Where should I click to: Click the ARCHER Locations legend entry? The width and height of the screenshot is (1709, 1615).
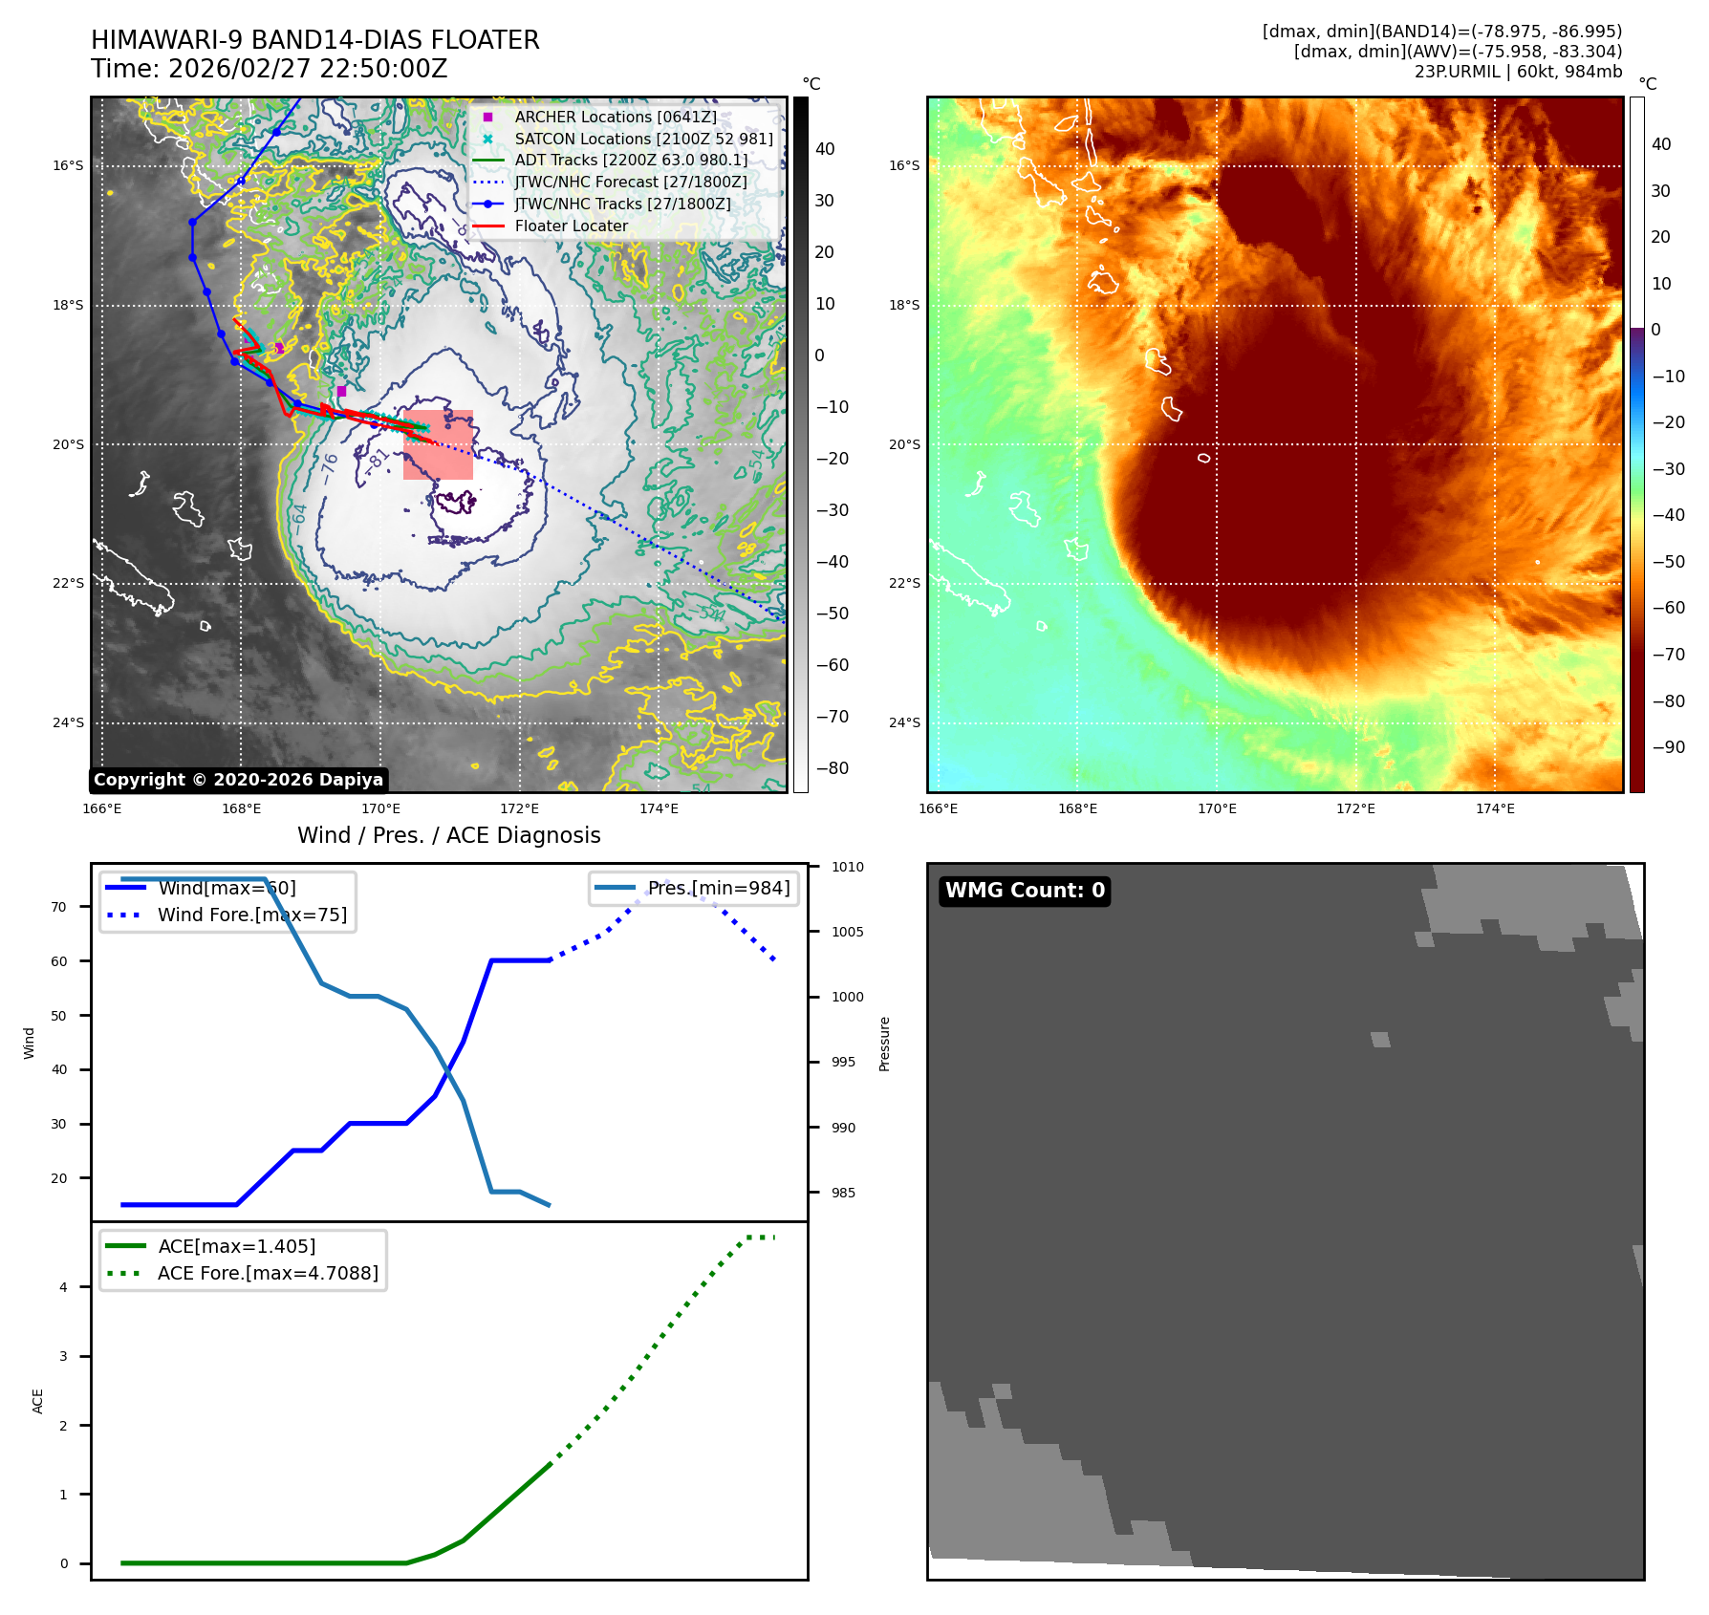pyautogui.click(x=615, y=117)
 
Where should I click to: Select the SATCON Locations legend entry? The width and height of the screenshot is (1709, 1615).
pyautogui.click(x=643, y=139)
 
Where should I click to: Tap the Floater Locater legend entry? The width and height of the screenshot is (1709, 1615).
pyautogui.click(x=571, y=226)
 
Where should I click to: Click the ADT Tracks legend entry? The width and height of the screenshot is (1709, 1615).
pyautogui.click(x=631, y=161)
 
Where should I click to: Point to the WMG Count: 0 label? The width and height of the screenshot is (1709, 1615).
pyautogui.click(x=1025, y=891)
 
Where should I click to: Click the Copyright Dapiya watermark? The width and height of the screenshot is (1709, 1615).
pyautogui.click(x=238, y=780)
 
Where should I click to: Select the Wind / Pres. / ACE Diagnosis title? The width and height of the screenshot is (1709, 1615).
pyautogui.click(x=448, y=835)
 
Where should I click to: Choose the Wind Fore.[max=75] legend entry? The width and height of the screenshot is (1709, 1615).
pyautogui.click(x=251, y=915)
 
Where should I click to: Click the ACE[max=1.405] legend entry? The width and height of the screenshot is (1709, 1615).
pyautogui.click(x=236, y=1246)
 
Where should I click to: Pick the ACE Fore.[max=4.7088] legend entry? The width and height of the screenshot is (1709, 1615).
pyautogui.click(x=268, y=1273)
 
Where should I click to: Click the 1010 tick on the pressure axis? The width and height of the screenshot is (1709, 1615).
pyautogui.click(x=847, y=868)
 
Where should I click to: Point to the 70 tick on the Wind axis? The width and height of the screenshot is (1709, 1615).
pyautogui.click(x=59, y=907)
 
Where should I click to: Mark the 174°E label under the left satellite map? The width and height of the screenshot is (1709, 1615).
pyautogui.click(x=659, y=809)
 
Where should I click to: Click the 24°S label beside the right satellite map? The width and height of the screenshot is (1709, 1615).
pyautogui.click(x=904, y=722)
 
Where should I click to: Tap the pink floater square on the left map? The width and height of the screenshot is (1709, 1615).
pyautogui.click(x=438, y=444)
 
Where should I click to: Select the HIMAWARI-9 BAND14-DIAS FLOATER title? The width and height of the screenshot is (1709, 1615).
pyautogui.click(x=314, y=40)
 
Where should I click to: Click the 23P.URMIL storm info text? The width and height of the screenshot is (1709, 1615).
pyautogui.click(x=1518, y=72)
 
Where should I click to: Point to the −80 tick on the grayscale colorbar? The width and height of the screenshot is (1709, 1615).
pyautogui.click(x=831, y=768)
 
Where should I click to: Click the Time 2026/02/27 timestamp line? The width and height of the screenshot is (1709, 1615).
pyautogui.click(x=269, y=69)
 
